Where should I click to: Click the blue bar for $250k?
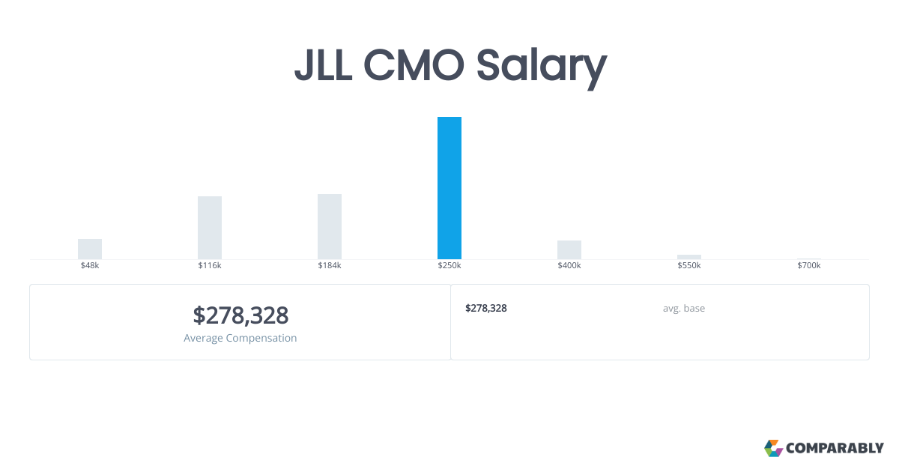449,188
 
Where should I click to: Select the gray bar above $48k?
90,249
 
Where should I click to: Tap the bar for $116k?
210,228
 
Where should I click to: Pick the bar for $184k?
330,226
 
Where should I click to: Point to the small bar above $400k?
569,249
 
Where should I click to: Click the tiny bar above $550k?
689,257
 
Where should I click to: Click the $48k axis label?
90,266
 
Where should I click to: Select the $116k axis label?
210,266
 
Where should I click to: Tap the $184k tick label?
330,266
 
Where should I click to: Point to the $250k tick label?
449,266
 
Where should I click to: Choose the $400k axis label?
569,266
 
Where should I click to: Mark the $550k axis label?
689,266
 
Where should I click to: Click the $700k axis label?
809,266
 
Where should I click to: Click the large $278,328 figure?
240,315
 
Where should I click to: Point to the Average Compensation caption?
240,338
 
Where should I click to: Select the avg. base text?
683,308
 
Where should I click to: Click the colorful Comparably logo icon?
773,448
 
